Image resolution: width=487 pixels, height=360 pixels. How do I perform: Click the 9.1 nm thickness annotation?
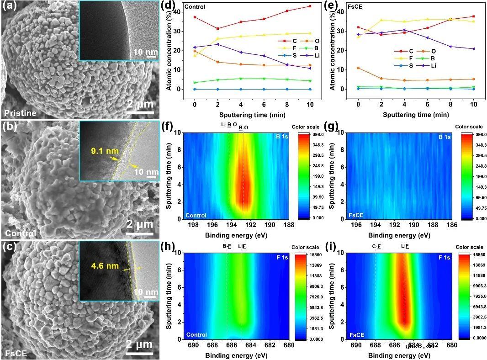[95, 149]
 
